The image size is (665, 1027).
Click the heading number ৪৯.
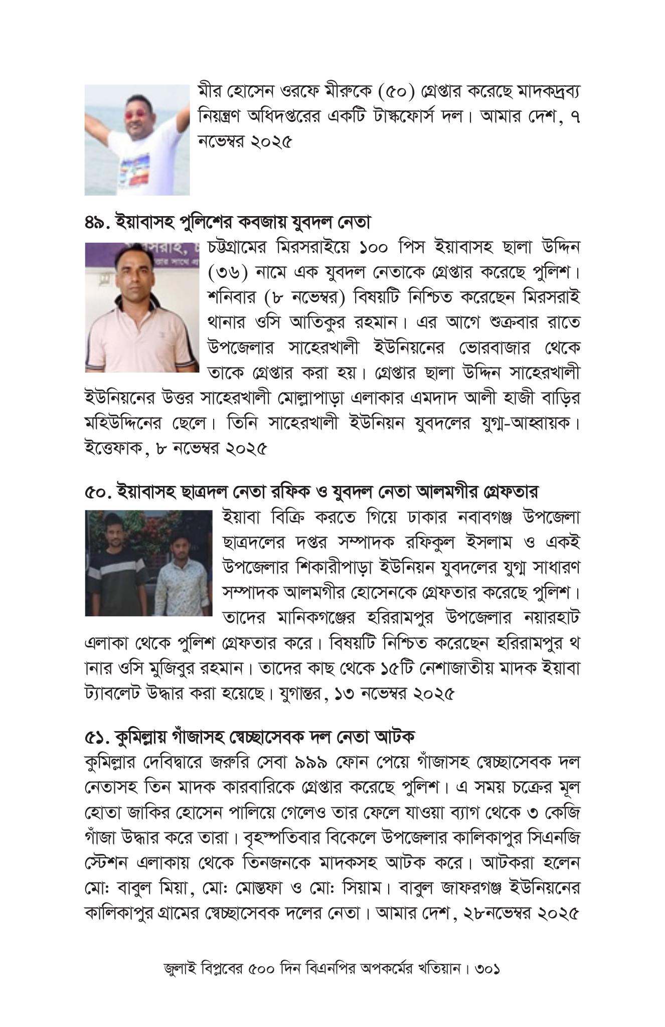[97, 221]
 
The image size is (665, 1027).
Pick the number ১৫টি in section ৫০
[396, 668]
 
